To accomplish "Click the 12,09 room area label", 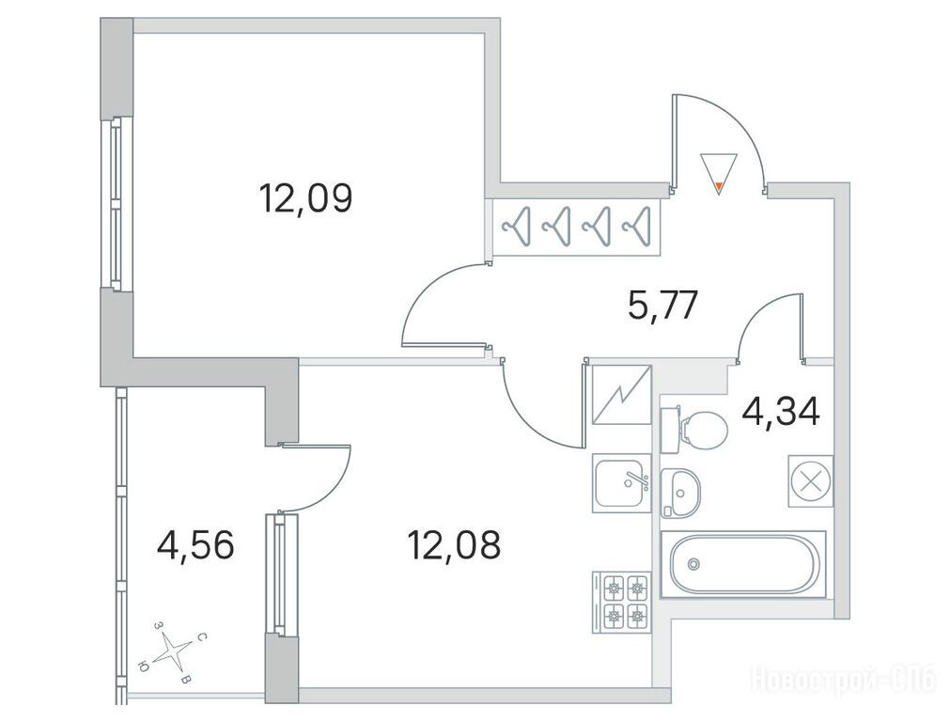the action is (304, 198).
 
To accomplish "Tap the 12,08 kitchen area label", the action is (454, 544).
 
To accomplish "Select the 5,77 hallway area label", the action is (663, 306).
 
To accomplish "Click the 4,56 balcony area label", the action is (195, 544).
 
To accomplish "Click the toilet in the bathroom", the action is (694, 430).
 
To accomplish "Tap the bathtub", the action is (742, 564).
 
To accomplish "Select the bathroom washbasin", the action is (679, 493).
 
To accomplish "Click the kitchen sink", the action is (622, 482).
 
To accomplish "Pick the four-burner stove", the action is (622, 602).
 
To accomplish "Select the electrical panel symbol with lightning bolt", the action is (622, 395).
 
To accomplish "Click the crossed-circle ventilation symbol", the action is (811, 480).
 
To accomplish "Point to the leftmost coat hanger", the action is (516, 227).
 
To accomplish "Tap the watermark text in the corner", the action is (845, 678).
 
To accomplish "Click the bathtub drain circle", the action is (693, 564).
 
